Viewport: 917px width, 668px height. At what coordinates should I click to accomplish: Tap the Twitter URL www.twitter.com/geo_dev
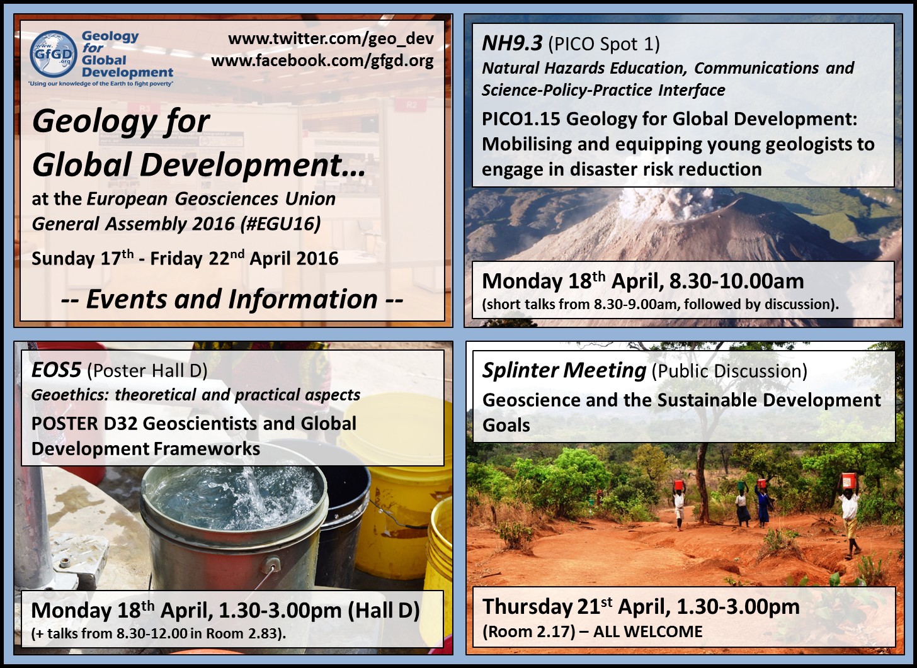pos(331,38)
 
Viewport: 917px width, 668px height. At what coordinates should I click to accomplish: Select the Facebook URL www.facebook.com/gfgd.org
pos(322,60)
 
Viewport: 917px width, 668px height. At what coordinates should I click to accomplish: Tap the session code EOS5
pos(56,370)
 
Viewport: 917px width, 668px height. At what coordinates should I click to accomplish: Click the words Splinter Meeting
pos(564,371)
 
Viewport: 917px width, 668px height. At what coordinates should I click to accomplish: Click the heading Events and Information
pos(232,300)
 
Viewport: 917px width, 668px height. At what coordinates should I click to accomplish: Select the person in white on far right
pos(850,513)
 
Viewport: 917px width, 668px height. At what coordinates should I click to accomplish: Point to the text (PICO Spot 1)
pos(604,43)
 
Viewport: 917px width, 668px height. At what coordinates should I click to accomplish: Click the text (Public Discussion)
pos(729,371)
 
